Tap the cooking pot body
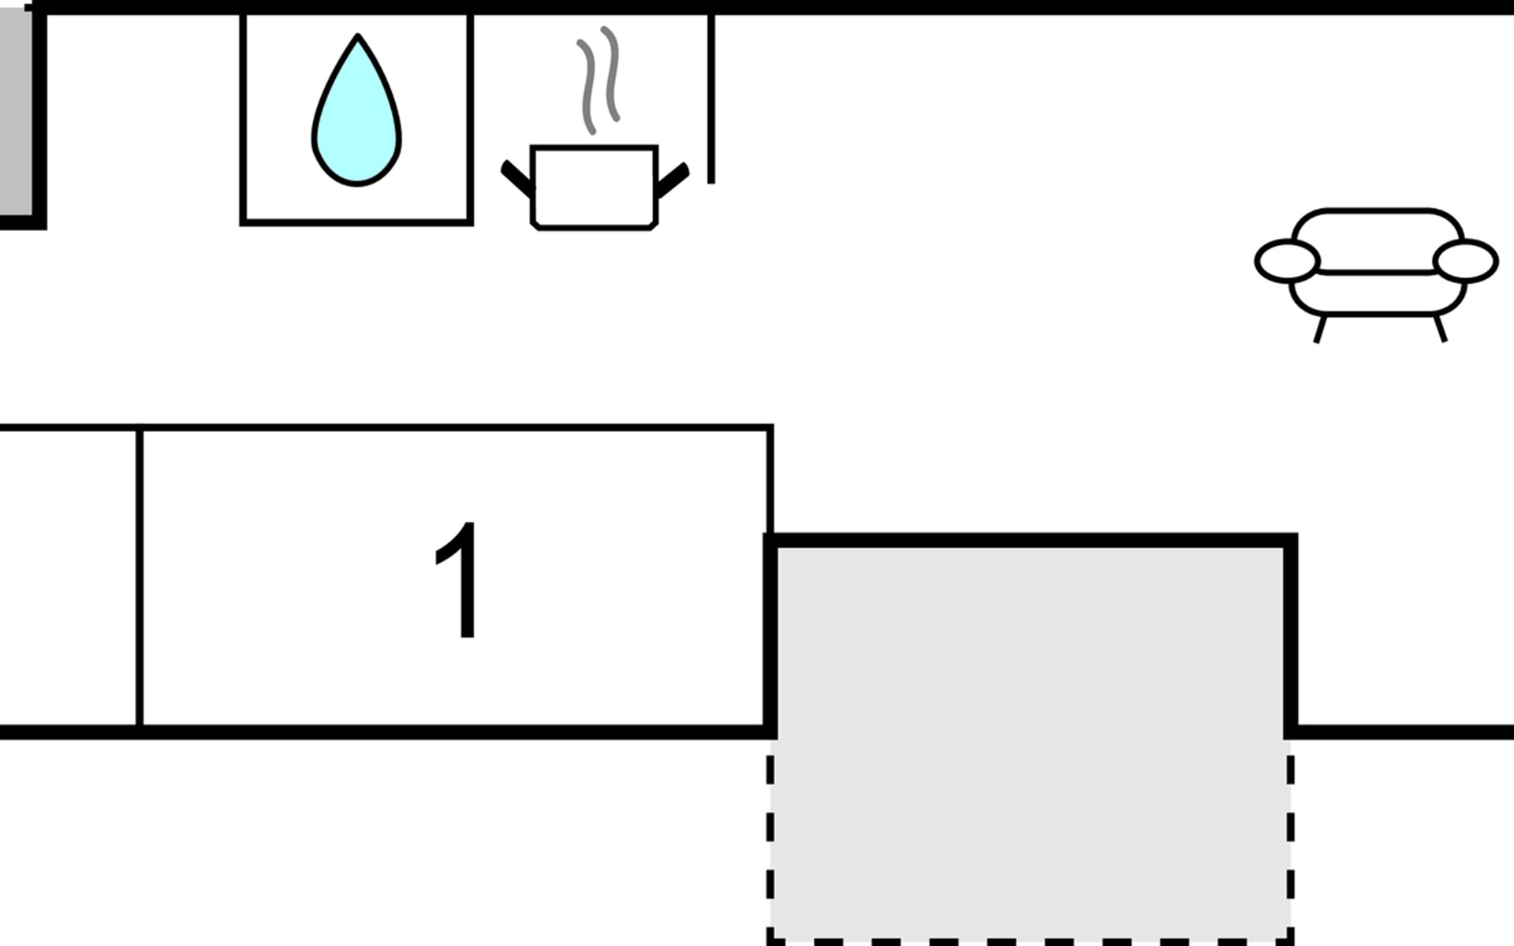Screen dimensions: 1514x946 click(594, 188)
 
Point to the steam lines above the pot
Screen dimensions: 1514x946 click(599, 79)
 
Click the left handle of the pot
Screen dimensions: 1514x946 click(517, 178)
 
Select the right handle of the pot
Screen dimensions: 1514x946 click(673, 180)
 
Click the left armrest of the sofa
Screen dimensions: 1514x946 click(1287, 261)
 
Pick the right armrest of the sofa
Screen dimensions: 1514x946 click(1466, 261)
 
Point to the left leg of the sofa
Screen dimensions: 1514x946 click(1321, 329)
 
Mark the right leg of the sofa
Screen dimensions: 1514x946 click(1440, 328)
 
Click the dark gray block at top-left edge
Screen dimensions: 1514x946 click(16, 114)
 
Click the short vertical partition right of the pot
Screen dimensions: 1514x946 click(711, 99)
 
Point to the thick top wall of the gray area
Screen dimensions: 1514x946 click(1030, 540)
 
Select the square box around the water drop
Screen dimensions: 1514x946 click(356, 119)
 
